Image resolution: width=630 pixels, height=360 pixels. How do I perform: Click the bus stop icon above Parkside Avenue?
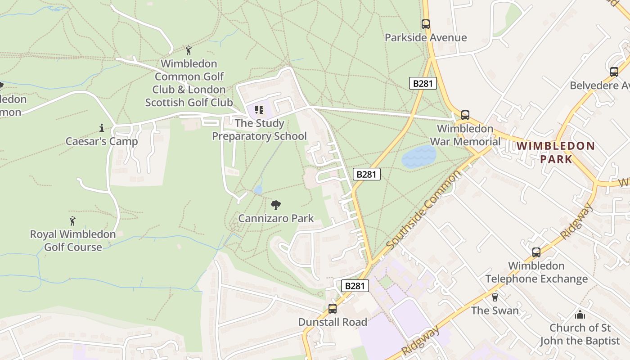[x=425, y=24]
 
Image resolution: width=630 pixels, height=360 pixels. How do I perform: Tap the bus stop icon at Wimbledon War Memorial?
[x=465, y=115]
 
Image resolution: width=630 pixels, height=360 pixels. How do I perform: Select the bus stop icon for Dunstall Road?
[x=332, y=309]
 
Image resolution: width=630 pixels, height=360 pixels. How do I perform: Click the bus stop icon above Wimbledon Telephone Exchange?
[x=536, y=252]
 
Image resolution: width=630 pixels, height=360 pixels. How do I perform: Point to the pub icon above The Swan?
[x=495, y=297]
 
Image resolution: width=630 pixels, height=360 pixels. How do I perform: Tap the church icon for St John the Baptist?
[x=580, y=314]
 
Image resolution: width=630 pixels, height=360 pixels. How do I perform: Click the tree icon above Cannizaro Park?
[x=276, y=205]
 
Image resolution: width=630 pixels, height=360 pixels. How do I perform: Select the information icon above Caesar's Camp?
[x=101, y=128]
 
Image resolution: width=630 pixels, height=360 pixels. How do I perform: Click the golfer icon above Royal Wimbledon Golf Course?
[x=72, y=221]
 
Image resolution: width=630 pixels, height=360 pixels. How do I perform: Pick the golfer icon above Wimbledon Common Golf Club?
[x=189, y=50]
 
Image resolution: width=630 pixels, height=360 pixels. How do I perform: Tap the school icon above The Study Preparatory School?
[x=259, y=110]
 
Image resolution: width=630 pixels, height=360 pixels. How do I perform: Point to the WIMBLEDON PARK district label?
[x=556, y=152]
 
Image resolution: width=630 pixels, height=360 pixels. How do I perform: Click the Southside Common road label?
[x=424, y=210]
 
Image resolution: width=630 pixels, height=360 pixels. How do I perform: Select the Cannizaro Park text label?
[x=276, y=219]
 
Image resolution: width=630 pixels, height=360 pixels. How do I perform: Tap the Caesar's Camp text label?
[x=102, y=141]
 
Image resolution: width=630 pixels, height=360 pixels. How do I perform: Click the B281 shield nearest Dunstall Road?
[x=355, y=286]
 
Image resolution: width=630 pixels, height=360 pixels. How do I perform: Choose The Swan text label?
[x=495, y=310]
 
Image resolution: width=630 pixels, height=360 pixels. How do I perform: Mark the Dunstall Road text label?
[x=333, y=322]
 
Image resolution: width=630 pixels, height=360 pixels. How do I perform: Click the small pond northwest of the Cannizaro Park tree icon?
[x=258, y=190]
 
